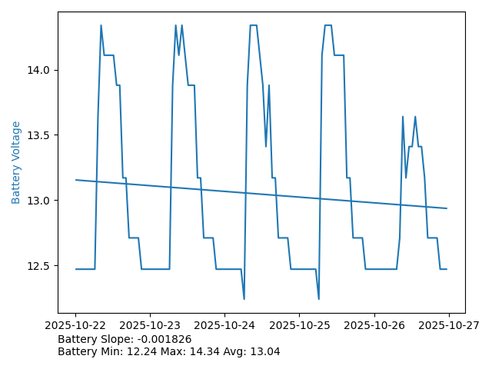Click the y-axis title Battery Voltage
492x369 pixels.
16,162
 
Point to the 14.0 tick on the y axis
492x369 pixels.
39,70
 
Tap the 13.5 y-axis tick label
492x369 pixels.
39,135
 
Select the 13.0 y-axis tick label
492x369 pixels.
39,201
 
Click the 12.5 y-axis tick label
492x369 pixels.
39,266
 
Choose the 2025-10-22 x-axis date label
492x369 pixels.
75,325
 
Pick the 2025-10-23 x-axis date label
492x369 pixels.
150,325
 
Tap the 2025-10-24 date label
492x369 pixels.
224,325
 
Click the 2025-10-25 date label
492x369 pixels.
299,325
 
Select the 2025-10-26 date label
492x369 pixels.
374,325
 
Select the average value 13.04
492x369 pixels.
264,351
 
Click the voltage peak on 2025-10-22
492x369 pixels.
101,25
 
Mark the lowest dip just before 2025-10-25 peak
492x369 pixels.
318,298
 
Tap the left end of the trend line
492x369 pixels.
76,180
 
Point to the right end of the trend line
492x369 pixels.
447,208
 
